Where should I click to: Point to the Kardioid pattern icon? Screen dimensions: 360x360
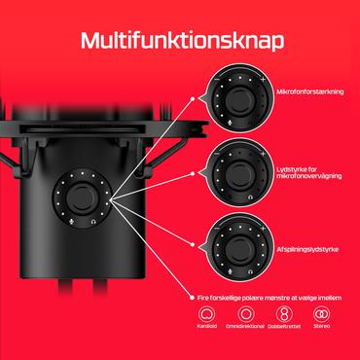click(206, 314)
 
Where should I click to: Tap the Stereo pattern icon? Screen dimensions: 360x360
click(320, 314)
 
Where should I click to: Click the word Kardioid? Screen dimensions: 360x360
click(206, 334)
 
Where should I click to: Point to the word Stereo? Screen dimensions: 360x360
click(320, 334)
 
